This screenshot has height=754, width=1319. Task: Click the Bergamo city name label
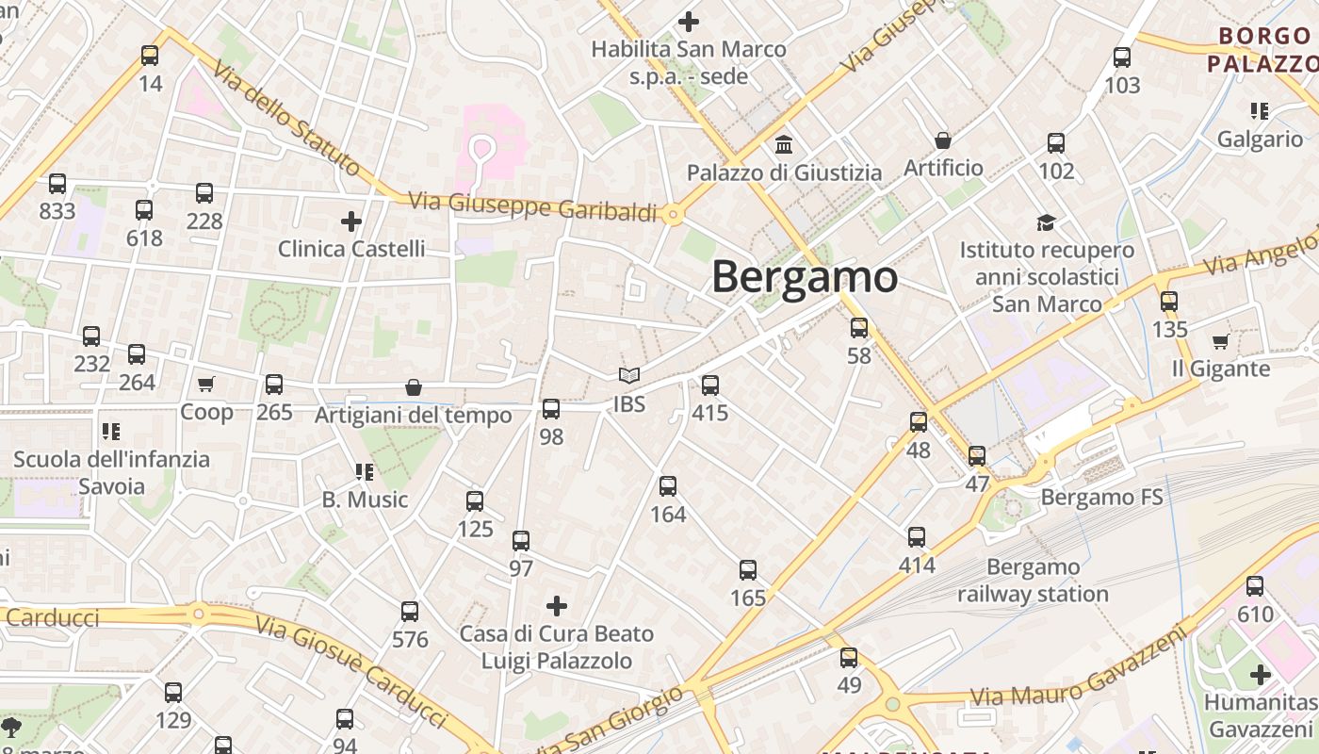(805, 277)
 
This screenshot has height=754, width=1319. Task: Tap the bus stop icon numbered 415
(710, 385)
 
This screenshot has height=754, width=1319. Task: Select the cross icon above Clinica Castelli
(351, 221)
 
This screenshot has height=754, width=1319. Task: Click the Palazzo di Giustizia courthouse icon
(784, 145)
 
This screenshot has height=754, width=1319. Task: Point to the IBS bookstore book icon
(629, 376)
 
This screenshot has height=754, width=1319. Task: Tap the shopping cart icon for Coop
(206, 384)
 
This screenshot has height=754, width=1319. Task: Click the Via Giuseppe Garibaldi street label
(532, 206)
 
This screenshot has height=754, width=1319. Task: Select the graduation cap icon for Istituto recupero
(1047, 222)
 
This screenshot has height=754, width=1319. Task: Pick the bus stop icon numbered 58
(859, 328)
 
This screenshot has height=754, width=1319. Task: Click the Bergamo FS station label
(1101, 497)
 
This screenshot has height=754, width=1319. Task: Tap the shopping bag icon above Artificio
(943, 140)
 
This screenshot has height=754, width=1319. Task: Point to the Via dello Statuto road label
(285, 119)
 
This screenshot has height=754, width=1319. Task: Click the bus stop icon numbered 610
(1255, 586)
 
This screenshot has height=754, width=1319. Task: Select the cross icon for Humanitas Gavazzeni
(1261, 675)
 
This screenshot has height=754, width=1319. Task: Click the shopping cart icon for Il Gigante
(1221, 341)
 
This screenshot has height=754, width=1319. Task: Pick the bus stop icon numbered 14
(150, 56)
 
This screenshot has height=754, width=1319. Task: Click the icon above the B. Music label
(365, 471)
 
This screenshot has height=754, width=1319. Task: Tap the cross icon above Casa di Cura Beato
(557, 605)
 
